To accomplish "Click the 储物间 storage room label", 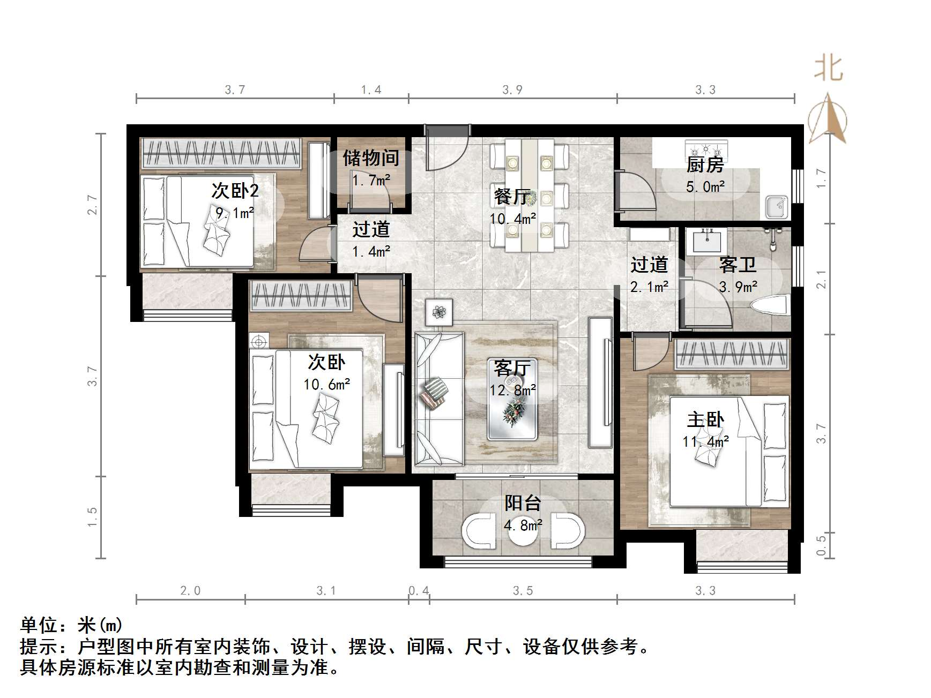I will [371, 157].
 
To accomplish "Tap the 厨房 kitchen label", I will [705, 164].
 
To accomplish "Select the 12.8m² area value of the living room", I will [512, 391].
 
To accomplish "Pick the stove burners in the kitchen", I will [706, 147].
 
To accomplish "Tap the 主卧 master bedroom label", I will [705, 419].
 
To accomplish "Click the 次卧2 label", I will [235, 191].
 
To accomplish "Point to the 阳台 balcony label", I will [523, 503].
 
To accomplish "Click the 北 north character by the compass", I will [829, 69].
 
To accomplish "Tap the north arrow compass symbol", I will [829, 119].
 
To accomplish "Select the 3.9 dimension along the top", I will [512, 90].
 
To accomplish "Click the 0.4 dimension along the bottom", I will [419, 590].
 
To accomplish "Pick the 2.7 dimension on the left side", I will [93, 205].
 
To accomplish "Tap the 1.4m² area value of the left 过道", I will [371, 251].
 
